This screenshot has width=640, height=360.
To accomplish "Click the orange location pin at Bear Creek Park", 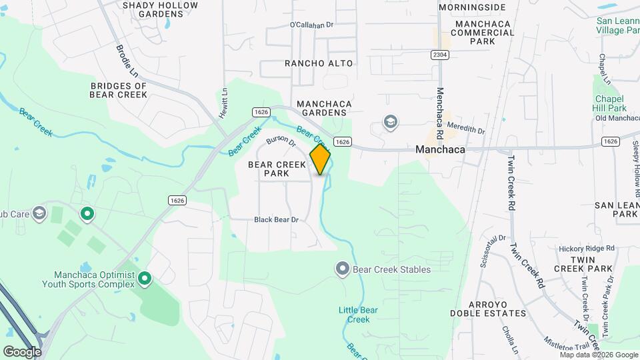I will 321,159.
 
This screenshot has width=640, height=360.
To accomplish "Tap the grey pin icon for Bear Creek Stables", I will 343,269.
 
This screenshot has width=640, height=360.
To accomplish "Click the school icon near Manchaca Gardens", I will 390,122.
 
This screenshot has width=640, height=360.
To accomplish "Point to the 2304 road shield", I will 439,55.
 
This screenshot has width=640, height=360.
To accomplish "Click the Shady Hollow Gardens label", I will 161,10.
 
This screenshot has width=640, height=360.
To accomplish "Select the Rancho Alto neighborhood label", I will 319,63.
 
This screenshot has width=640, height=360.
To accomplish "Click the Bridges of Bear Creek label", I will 118,91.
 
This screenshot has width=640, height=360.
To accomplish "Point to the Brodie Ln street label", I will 126,60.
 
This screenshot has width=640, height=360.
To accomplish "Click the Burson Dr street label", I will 281,140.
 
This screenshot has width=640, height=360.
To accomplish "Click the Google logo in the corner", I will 22,351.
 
